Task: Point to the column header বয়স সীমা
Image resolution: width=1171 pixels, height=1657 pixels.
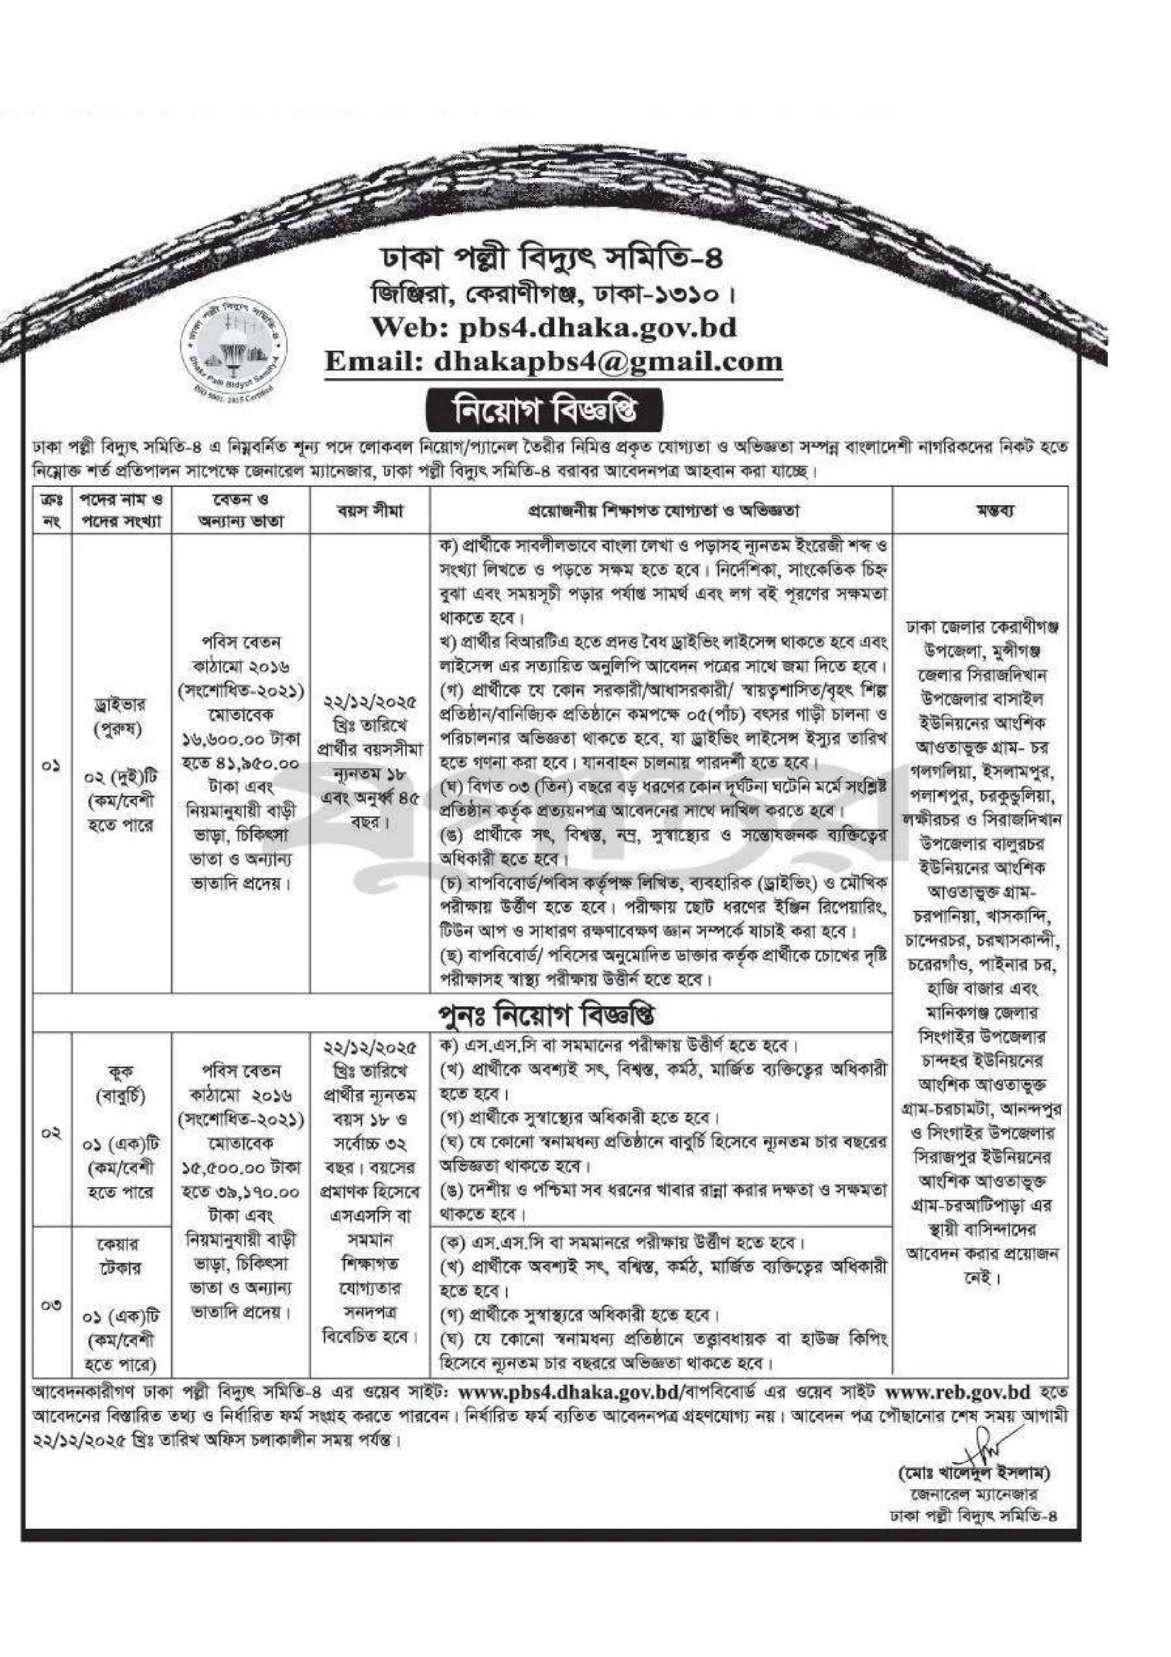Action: click(x=370, y=511)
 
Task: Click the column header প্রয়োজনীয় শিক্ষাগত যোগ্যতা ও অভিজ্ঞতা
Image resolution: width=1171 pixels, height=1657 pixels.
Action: click(x=661, y=511)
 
